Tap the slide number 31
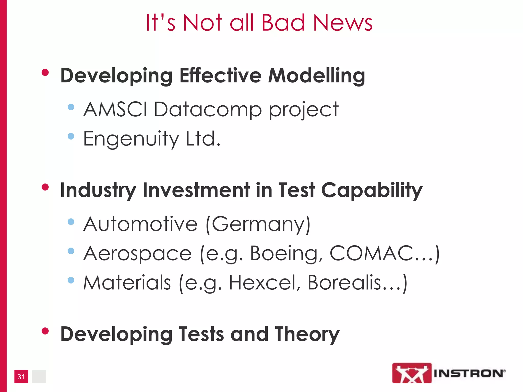point(21,376)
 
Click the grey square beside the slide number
point(39,376)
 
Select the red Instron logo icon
point(412,373)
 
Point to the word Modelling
point(316,76)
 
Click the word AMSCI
point(115,109)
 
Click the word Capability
point(372,191)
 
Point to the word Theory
point(307,335)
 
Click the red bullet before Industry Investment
point(45,187)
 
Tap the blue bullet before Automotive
point(71,222)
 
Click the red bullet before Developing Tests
point(45,331)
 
